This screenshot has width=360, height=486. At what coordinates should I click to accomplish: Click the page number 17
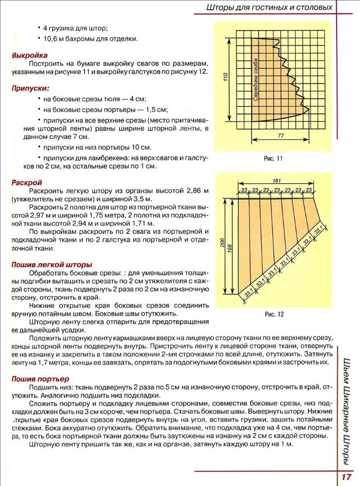tap(346, 477)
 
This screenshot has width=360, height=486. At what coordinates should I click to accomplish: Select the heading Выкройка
tap(30, 55)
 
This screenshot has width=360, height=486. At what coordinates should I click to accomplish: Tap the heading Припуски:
tap(31, 88)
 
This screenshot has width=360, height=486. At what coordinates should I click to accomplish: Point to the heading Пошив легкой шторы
tap(52, 265)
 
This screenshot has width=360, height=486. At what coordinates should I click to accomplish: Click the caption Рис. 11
tap(273, 158)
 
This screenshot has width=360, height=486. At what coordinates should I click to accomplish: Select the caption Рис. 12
tap(274, 314)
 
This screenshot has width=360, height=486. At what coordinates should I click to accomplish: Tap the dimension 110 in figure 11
tap(225, 78)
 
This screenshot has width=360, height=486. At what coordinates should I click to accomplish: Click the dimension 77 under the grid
tap(281, 136)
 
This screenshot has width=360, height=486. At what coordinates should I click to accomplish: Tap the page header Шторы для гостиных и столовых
tap(270, 7)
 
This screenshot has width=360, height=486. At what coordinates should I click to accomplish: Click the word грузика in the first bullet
tap(62, 28)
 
